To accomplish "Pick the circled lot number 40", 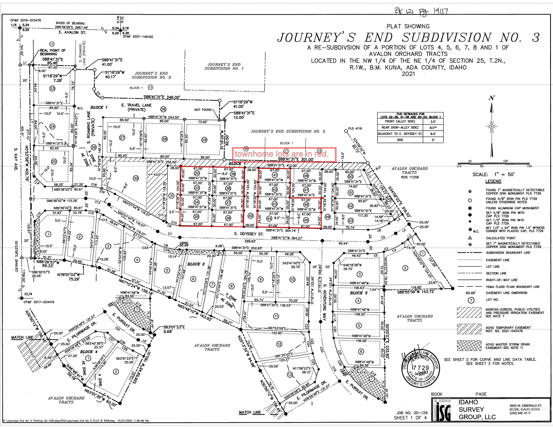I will [x=250, y=216].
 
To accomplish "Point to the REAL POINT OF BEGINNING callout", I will [x=52, y=52].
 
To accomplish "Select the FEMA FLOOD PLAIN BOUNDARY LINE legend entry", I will [x=512, y=287].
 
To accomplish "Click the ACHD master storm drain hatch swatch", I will [x=469, y=346].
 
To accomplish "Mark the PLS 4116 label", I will [x=355, y=128].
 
